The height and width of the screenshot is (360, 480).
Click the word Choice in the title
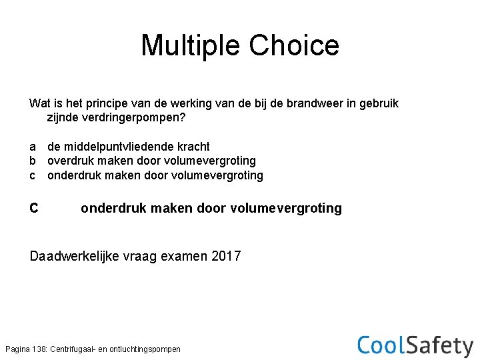(294, 45)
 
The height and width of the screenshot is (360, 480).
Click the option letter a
(33, 147)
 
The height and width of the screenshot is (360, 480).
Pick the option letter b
(33, 161)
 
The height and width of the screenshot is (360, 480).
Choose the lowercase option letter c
(33, 176)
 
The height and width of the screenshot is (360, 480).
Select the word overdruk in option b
(71, 161)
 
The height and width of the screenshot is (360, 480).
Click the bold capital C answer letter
(34, 209)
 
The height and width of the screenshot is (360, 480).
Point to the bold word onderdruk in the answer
(113, 209)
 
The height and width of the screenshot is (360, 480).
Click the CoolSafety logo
(415, 345)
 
